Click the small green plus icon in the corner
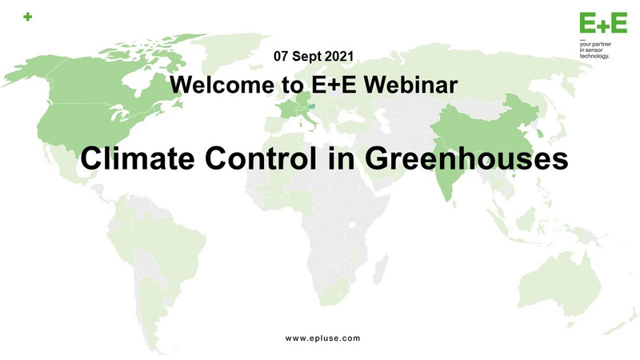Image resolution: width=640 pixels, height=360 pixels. click(x=28, y=17)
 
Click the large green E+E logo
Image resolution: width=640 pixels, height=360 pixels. click(x=603, y=23)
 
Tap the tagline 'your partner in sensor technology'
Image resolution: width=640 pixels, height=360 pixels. click(x=595, y=50)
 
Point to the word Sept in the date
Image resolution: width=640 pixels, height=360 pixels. click(x=307, y=57)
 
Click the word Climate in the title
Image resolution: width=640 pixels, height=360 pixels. click(x=137, y=158)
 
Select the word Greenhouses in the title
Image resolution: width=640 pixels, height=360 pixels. click(x=466, y=158)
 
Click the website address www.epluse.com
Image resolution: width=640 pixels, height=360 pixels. click(x=323, y=338)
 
